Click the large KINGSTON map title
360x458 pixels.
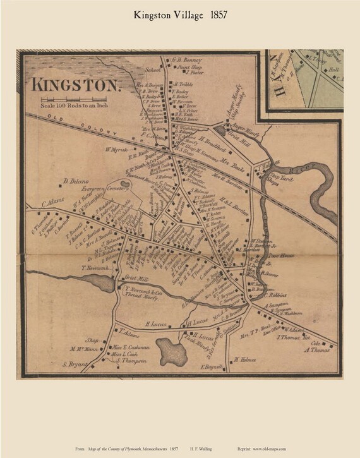coord(76,83)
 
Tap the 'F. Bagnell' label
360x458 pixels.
coord(213,366)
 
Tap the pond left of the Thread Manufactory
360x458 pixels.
coord(105,283)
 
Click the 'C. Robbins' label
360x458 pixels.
coord(276,294)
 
